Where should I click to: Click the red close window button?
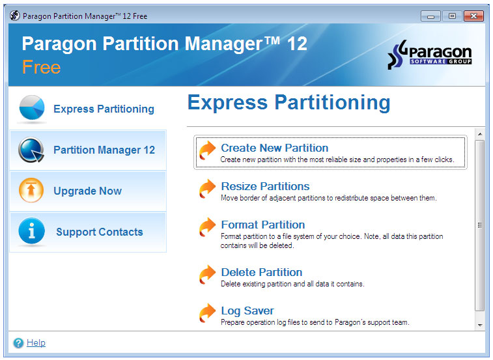tap(473, 16)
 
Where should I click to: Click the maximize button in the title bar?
tap(452, 16)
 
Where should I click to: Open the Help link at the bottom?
tap(36, 342)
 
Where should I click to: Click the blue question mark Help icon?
tap(18, 342)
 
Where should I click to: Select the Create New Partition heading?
tap(274, 148)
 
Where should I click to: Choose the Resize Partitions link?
tap(265, 186)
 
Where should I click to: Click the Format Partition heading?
tap(263, 225)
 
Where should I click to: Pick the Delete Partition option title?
tap(262, 272)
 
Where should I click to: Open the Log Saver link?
tap(247, 311)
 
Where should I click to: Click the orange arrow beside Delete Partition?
tap(207, 275)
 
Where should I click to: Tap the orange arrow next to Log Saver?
tap(207, 313)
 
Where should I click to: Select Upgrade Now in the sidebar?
tap(87, 191)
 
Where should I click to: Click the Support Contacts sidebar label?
tap(100, 232)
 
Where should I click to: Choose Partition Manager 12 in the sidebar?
tap(104, 150)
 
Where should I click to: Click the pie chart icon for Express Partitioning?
tap(32, 108)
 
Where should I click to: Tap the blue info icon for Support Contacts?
tap(31, 231)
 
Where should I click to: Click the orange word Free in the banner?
tap(41, 67)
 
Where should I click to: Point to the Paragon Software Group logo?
tap(429, 55)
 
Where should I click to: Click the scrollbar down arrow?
tap(480, 325)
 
